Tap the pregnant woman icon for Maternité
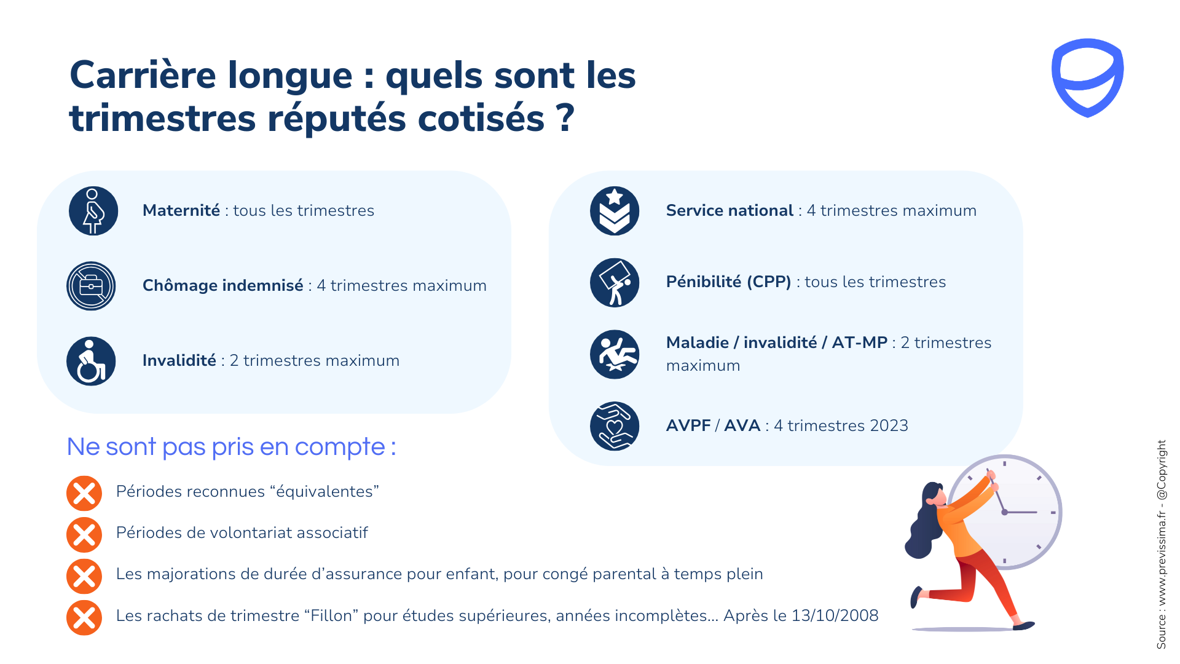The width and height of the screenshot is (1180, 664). (x=93, y=211)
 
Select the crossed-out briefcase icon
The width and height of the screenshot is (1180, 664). (x=91, y=286)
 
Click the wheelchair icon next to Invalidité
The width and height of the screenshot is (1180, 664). (x=91, y=361)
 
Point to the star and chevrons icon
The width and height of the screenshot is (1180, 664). (x=615, y=211)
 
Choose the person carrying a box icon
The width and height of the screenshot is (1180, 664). (x=615, y=283)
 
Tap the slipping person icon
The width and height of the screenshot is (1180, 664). (x=615, y=355)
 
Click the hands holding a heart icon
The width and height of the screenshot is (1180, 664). (x=615, y=426)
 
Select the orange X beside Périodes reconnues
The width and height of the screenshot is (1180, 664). (x=84, y=493)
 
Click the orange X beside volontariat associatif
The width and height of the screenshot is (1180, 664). (x=84, y=534)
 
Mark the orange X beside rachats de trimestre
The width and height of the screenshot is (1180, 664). (x=84, y=617)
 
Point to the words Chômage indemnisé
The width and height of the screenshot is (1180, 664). (x=223, y=285)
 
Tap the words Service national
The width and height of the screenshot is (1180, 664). (x=730, y=210)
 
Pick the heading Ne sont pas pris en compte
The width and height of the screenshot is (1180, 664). (x=231, y=447)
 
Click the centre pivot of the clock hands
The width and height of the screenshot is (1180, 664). (x=1004, y=512)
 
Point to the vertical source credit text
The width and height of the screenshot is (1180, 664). (x=1161, y=544)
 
